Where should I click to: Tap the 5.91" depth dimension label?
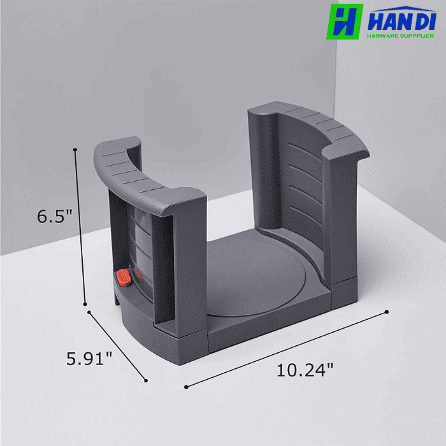[90, 358]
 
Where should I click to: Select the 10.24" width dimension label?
[305, 370]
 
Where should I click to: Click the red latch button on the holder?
[123, 278]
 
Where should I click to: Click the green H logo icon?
[344, 22]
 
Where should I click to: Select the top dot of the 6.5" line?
[76, 150]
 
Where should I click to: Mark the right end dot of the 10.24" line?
[387, 312]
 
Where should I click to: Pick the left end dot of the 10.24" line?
[185, 386]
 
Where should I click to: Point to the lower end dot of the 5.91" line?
[146, 380]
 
